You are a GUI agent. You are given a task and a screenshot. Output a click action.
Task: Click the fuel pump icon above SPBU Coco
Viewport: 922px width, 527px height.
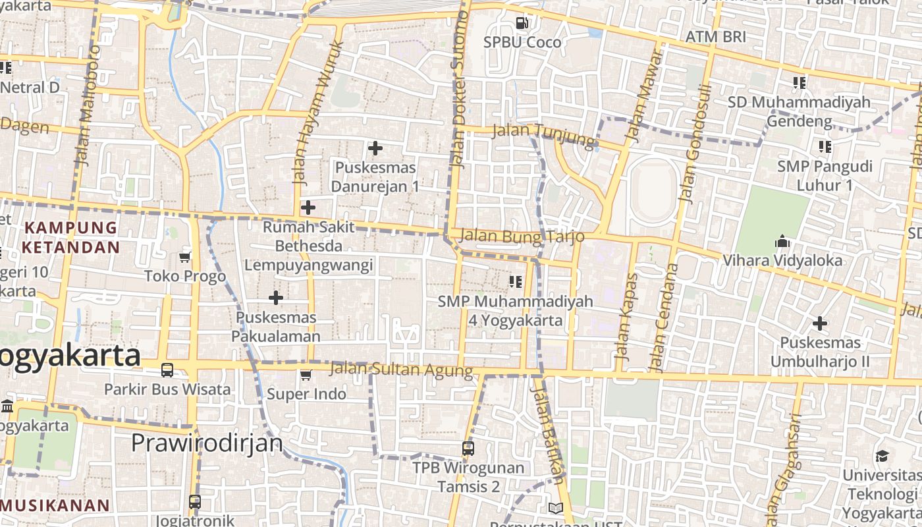[522, 23]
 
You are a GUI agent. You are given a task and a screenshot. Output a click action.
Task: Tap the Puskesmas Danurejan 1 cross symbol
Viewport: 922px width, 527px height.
[375, 148]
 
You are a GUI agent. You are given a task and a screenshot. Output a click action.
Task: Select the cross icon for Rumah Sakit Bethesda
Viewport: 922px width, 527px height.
[308, 208]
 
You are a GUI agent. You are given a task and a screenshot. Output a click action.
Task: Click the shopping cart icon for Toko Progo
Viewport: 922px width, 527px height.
[185, 257]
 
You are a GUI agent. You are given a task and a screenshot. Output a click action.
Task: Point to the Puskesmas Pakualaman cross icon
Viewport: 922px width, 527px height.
[276, 298]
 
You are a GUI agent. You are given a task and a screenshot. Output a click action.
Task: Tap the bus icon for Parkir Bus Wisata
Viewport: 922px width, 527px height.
[167, 370]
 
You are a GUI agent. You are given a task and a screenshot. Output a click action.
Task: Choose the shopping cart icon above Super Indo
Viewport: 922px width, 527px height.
[306, 375]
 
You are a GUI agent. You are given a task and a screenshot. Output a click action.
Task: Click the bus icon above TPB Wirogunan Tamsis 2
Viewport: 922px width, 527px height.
[468, 449]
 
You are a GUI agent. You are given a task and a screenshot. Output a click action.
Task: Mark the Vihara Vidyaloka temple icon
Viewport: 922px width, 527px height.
[782, 241]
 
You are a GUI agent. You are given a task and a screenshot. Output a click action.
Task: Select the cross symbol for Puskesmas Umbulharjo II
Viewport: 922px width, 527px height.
[819, 323]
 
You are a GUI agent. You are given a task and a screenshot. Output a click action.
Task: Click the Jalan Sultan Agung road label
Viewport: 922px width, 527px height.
[402, 370]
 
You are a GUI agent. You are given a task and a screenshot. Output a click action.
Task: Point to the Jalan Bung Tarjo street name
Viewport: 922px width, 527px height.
[523, 235]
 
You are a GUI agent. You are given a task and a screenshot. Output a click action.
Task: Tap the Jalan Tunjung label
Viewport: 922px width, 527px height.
[543, 134]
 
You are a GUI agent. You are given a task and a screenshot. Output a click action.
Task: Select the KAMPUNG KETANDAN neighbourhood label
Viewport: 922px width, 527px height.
[70, 238]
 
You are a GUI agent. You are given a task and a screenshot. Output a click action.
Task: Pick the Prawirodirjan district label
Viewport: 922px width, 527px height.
[207, 443]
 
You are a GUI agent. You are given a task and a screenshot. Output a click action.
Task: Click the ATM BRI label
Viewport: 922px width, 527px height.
[716, 36]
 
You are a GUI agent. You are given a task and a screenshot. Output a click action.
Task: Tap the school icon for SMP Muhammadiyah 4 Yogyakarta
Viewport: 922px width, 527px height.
[516, 282]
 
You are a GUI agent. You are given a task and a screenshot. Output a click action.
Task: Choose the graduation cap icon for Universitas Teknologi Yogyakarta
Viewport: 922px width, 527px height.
[881, 457]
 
